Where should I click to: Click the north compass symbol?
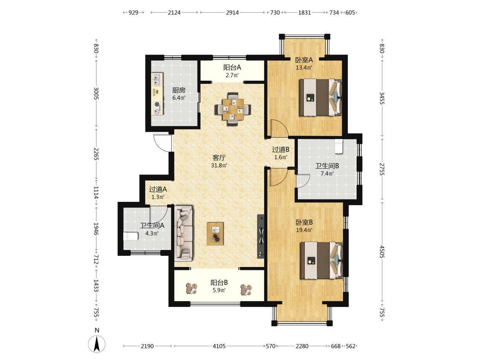tap(97, 344)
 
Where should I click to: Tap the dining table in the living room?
tap(233, 109)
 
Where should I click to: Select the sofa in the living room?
tap(183, 233)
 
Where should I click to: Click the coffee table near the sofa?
tap(215, 234)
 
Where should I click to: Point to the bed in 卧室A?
tap(320, 98)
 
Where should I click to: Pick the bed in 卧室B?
tap(321, 261)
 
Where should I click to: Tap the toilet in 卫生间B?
tap(339, 146)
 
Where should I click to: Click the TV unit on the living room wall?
tap(261, 235)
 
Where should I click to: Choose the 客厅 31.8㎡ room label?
tap(219, 161)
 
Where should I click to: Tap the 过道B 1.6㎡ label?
tap(281, 153)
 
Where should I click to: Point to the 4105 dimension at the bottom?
tap(219, 346)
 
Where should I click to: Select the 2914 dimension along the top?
tap(233, 12)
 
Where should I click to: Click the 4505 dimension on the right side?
tap(382, 251)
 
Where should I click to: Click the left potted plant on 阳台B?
tap(192, 288)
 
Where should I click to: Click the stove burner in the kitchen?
tap(157, 104)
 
